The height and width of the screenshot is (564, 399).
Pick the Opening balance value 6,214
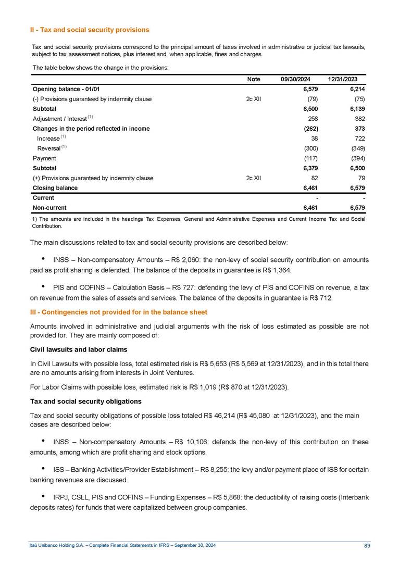355,89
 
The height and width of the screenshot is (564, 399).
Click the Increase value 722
357,139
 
